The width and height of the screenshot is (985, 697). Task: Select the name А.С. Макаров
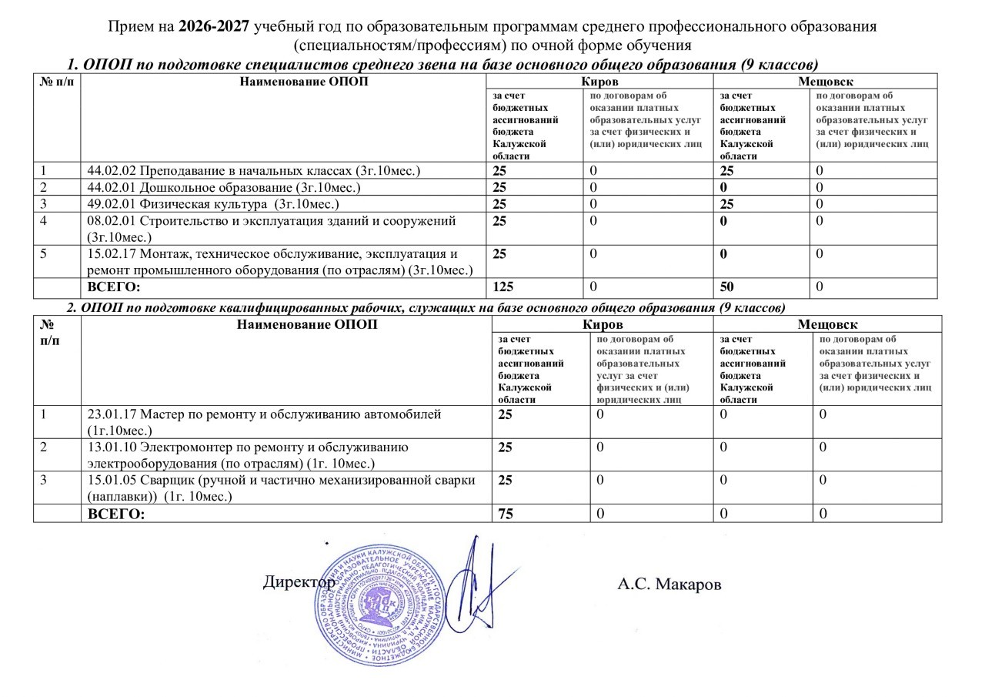pyautogui.click(x=669, y=585)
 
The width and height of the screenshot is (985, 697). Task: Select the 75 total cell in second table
pyautogui.click(x=506, y=514)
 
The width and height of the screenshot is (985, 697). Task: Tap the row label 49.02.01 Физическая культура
pyautogui.click(x=214, y=204)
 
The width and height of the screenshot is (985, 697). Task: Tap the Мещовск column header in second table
pyautogui.click(x=827, y=324)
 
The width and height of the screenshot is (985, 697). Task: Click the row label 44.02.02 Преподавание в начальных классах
pyautogui.click(x=254, y=170)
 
